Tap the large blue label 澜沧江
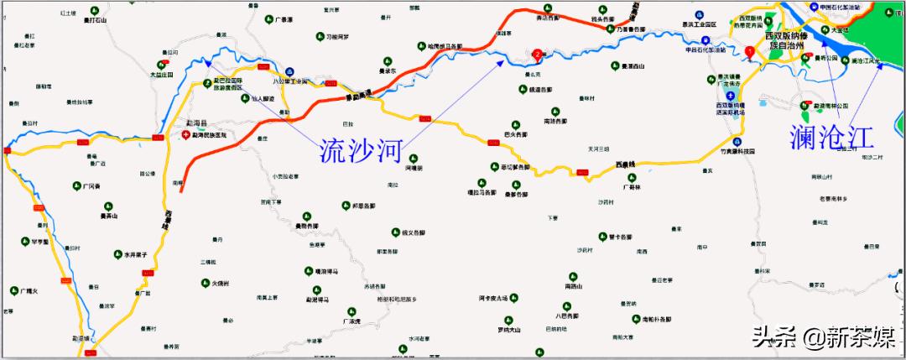pos(831,135)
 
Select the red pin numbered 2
pos(537,55)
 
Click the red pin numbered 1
pos(749,52)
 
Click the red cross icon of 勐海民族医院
pos(186,134)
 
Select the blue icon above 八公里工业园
pos(289,71)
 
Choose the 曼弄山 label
pos(108,216)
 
